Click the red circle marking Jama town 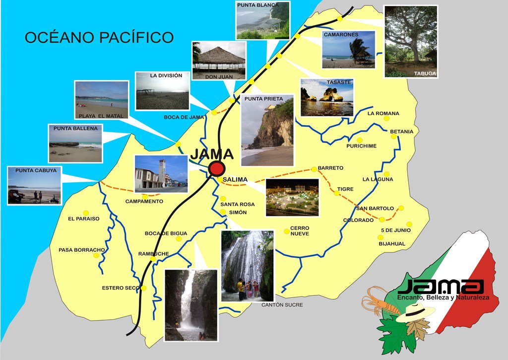point(217,168)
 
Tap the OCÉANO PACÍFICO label point(99,37)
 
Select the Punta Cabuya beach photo point(35,185)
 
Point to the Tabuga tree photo point(410,41)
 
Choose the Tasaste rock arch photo point(326,97)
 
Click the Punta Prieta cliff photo point(267,131)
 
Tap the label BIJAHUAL point(392,244)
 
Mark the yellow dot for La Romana point(386,119)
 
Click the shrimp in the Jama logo point(382,303)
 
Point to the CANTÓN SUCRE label point(282,305)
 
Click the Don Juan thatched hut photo point(218,60)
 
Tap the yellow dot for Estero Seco point(143,288)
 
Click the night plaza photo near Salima point(292,197)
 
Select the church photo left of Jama point(161,174)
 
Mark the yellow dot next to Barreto point(314,169)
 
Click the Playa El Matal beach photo point(102,100)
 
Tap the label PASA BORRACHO point(81,250)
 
